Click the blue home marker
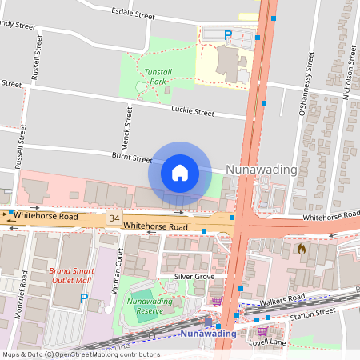(180, 172)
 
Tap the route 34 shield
(115, 218)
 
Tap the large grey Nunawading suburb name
(262, 170)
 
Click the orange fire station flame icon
(302, 249)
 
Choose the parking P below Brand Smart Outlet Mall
(84, 298)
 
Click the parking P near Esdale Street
(228, 35)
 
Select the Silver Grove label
(195, 276)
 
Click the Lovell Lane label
(268, 342)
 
